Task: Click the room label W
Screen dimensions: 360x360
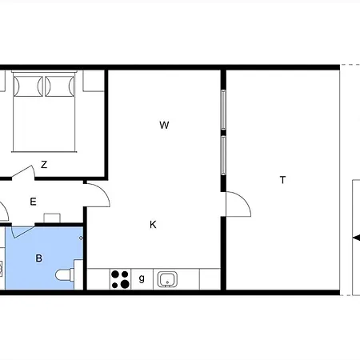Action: [x=164, y=125]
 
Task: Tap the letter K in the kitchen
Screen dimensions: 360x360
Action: [x=153, y=225]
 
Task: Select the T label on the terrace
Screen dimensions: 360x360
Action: [x=282, y=180]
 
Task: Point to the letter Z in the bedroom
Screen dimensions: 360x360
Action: [x=44, y=164]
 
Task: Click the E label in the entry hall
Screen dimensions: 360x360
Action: [x=33, y=202]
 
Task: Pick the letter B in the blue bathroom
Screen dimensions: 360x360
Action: [x=39, y=258]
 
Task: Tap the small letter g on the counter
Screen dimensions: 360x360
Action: [x=142, y=278]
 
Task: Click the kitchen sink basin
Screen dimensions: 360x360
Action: [x=167, y=279]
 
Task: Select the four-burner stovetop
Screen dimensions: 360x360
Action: [x=120, y=279]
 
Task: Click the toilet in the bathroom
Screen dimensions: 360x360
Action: [x=65, y=274]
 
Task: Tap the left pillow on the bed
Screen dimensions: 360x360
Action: [x=28, y=86]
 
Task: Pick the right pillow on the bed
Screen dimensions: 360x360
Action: [x=60, y=86]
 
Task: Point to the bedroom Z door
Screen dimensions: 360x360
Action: [x=24, y=172]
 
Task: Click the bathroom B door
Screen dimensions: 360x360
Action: [x=22, y=231]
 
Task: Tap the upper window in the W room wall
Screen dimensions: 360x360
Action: [x=223, y=110]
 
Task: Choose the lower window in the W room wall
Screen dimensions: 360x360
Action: [x=223, y=155]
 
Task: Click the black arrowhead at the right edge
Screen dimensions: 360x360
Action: [x=356, y=238]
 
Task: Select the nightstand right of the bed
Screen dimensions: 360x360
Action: [x=94, y=81]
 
